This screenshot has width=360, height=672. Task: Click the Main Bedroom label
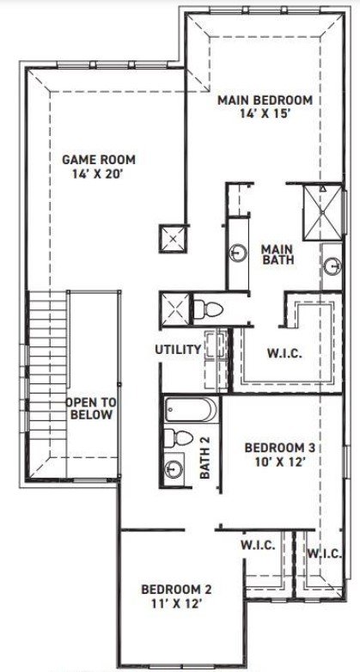click(x=265, y=101)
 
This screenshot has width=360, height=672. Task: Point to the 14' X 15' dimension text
click(x=265, y=114)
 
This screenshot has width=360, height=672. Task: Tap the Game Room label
click(x=99, y=160)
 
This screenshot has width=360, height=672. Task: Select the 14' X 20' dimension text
click(x=99, y=174)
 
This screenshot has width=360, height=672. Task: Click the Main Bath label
click(x=278, y=254)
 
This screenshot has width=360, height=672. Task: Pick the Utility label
click(x=178, y=349)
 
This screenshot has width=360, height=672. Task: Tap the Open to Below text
click(x=91, y=408)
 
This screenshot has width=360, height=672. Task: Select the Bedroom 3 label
click(x=279, y=448)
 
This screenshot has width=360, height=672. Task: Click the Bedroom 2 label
click(x=176, y=590)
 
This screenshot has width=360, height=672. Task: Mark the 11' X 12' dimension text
click(x=176, y=603)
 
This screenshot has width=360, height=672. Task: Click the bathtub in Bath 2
click(x=191, y=410)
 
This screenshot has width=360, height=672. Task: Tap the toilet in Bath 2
click(x=179, y=438)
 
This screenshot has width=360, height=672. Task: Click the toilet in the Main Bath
click(x=208, y=309)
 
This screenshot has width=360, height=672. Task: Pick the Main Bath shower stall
click(x=322, y=212)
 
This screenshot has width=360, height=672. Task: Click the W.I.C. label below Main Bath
click(x=285, y=354)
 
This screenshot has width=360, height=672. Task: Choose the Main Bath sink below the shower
click(x=333, y=266)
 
